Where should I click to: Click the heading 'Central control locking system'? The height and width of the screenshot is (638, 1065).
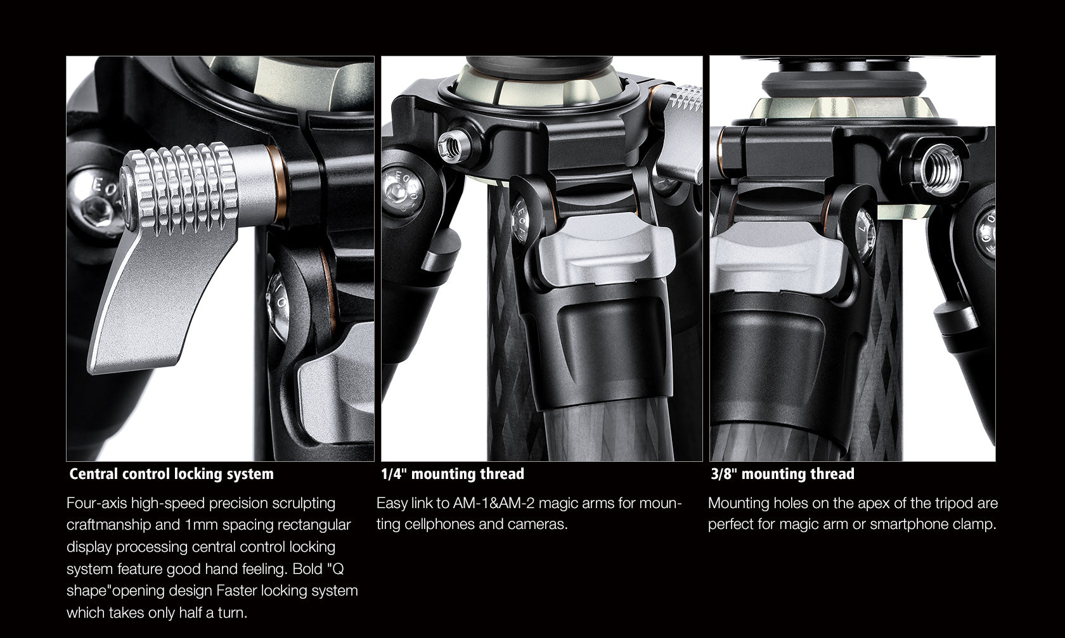click(171, 474)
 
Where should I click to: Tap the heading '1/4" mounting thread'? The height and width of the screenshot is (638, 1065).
click(452, 474)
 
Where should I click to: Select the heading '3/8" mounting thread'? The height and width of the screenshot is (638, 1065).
click(782, 474)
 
